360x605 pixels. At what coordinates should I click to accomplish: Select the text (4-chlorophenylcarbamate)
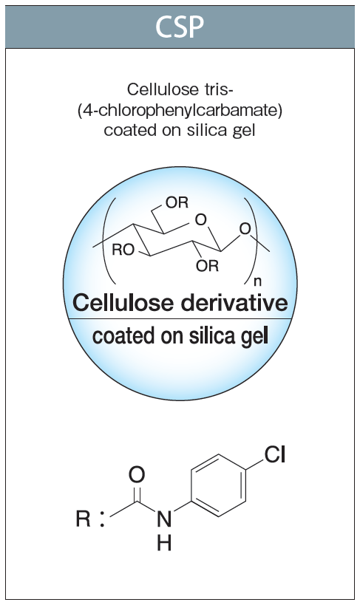coord(180,110)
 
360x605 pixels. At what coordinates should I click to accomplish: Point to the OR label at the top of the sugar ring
coord(177,202)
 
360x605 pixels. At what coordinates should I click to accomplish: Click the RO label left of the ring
coord(123,250)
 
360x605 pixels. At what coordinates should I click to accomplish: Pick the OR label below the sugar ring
coord(207,266)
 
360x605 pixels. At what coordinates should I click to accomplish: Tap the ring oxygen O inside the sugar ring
coord(200,220)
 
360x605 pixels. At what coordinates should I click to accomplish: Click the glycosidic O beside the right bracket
coord(245,229)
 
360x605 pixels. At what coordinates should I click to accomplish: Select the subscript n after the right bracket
coord(257,282)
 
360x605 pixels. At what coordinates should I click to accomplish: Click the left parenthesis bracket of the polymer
coord(109,240)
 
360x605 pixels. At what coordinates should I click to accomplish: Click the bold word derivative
coord(234,303)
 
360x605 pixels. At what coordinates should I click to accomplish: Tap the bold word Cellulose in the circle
coord(123,303)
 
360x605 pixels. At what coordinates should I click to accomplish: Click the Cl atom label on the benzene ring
coord(275,454)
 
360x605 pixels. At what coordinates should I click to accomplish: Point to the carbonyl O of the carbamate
coord(136,474)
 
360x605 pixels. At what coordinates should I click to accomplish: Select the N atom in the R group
coord(164,519)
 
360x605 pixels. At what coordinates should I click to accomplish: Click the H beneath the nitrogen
coord(164,543)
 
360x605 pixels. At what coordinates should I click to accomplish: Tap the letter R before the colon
coord(83,519)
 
